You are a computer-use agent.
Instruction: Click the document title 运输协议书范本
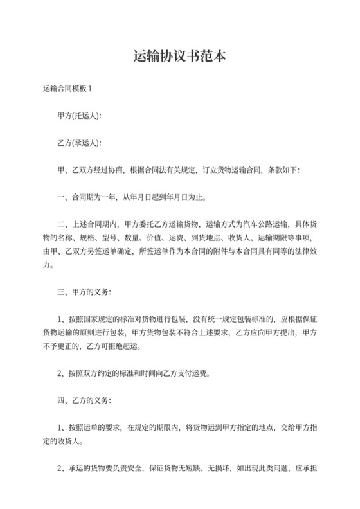pyautogui.click(x=179, y=57)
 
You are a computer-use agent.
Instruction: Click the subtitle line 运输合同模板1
pyautogui.click(x=71, y=89)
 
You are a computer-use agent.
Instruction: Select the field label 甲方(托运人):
pyautogui.click(x=79, y=116)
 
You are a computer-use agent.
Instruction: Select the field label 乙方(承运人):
pyautogui.click(x=79, y=143)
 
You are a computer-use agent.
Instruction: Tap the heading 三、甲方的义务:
pyautogui.click(x=84, y=293)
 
